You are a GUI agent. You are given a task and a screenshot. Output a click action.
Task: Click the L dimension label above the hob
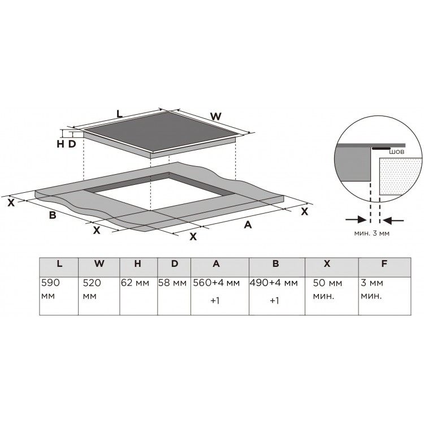(119, 114)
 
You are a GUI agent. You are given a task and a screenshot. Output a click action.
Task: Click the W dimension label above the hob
(216, 116)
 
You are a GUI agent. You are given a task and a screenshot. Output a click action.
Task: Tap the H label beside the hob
(60, 144)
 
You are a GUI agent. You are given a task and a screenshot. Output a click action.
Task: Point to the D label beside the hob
(72, 144)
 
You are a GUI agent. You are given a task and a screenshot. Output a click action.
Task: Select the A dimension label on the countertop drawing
(248, 224)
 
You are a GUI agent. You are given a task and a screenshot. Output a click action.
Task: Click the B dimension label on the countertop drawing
(53, 215)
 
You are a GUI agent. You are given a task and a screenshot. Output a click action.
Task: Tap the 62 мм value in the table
(135, 283)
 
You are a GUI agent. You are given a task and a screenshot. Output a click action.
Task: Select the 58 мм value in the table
(172, 283)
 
